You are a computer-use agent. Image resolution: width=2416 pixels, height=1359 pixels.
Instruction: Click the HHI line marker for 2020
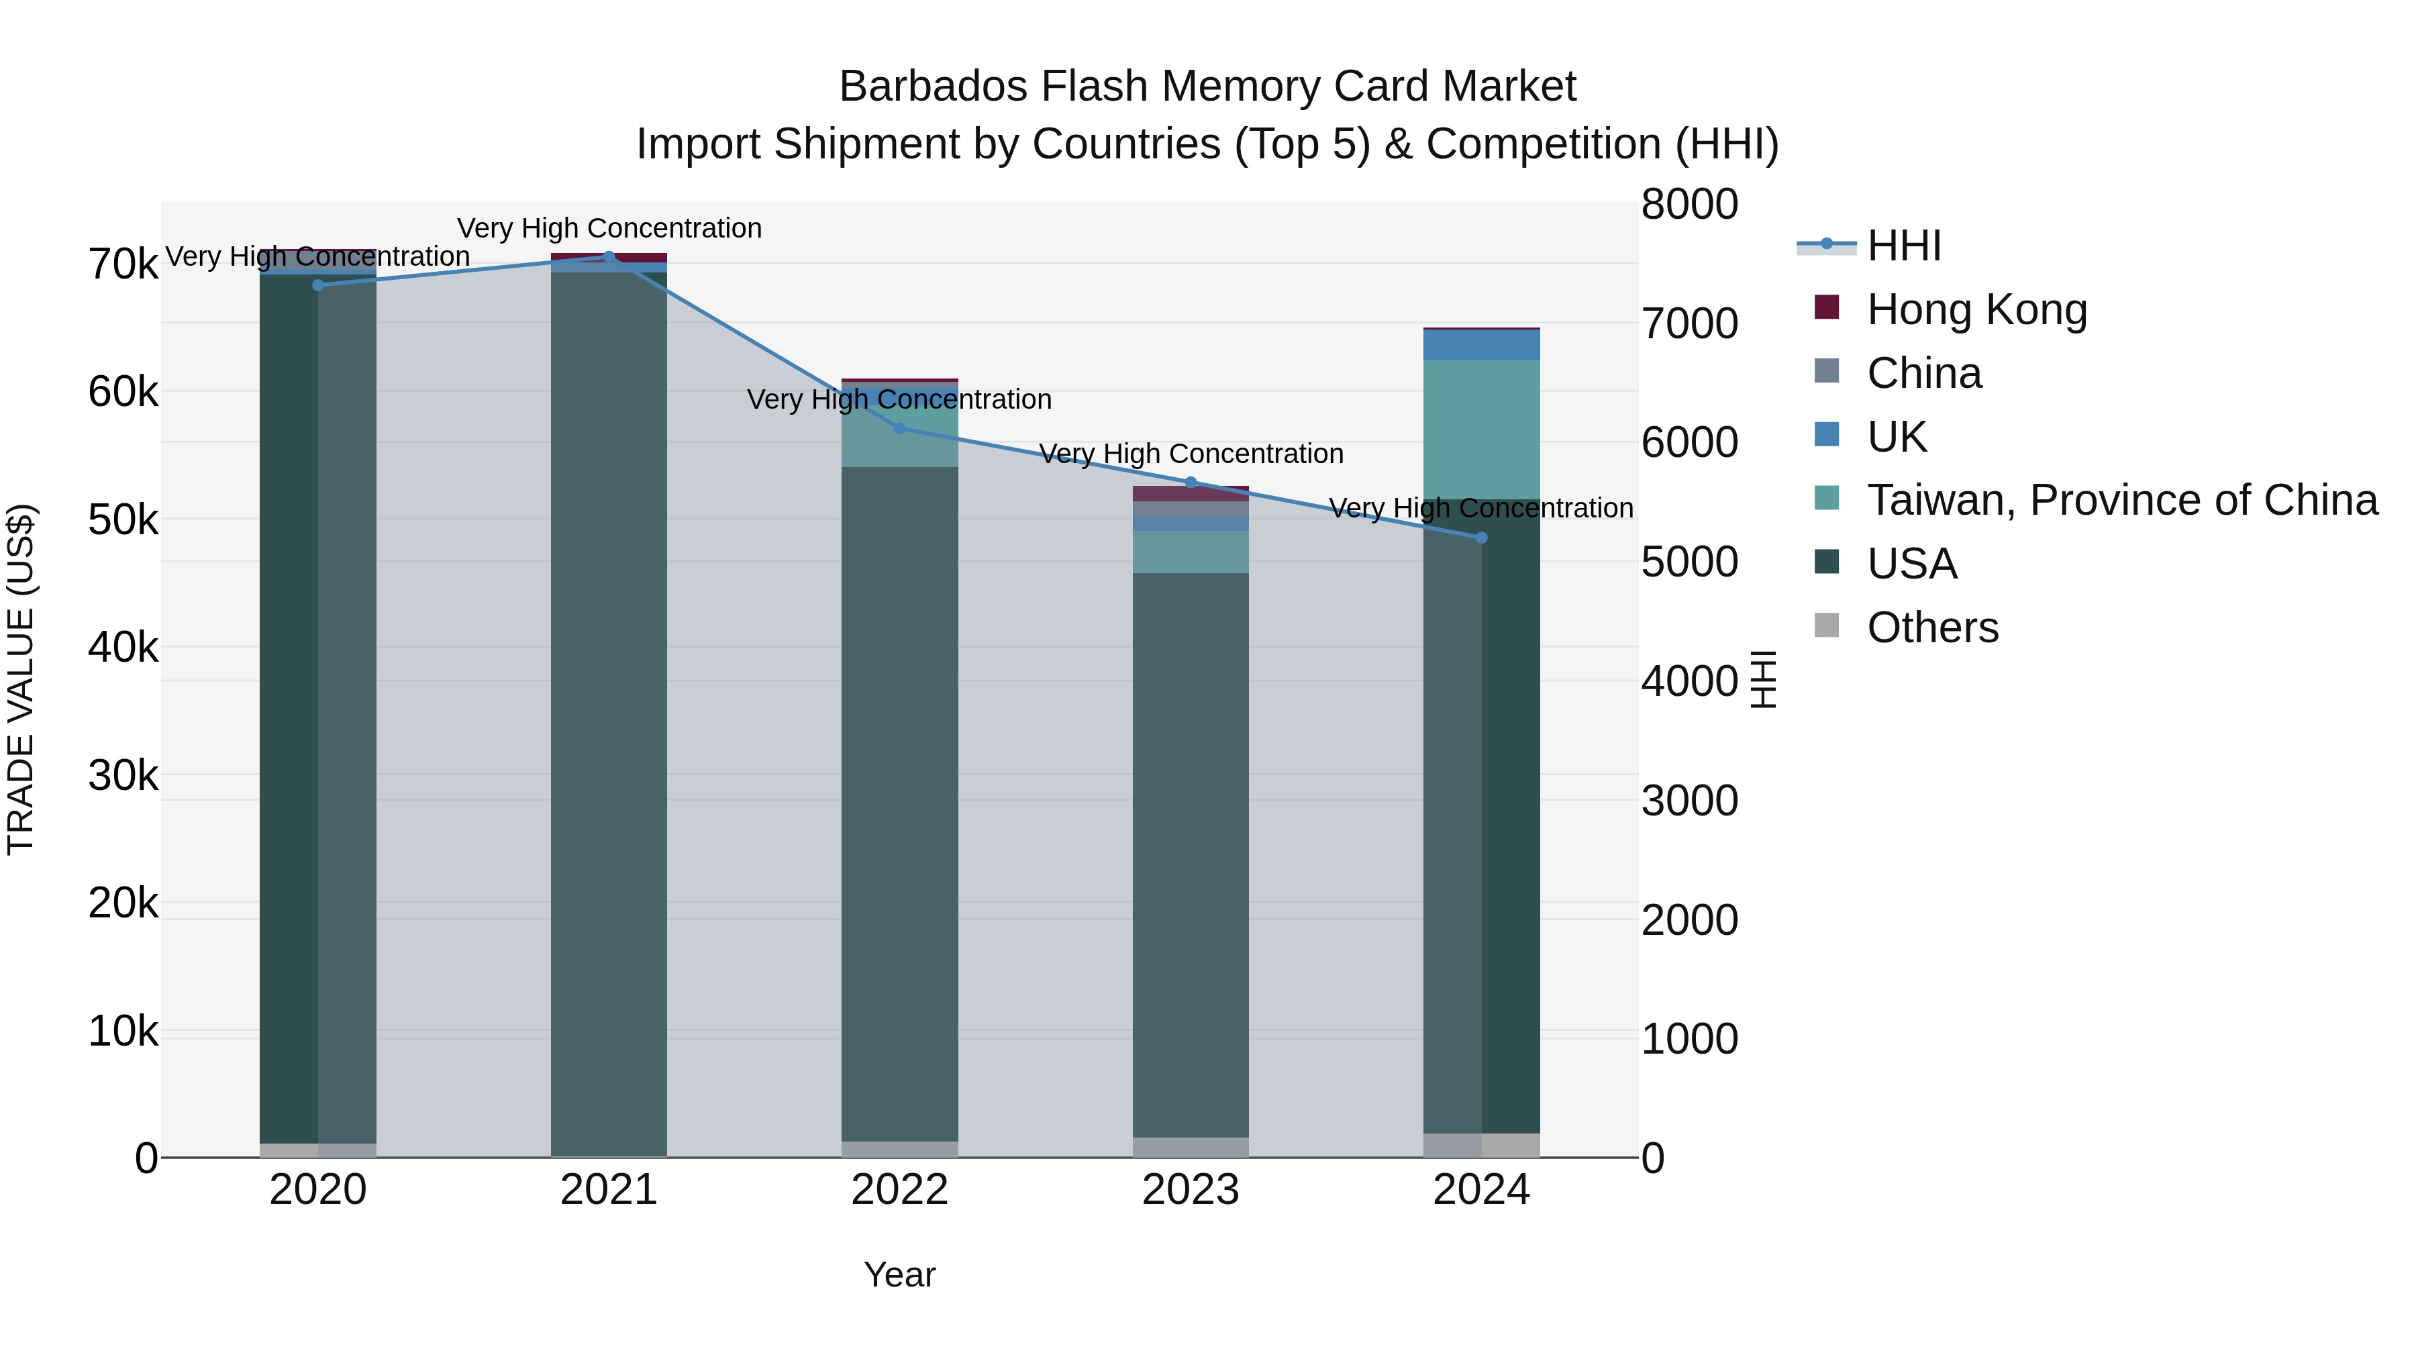[318, 285]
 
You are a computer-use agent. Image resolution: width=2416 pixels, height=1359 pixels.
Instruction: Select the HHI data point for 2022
[899, 429]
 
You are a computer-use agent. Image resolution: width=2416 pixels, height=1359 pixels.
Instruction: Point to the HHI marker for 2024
[1482, 538]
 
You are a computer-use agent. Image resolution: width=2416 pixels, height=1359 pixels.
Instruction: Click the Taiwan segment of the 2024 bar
[1482, 429]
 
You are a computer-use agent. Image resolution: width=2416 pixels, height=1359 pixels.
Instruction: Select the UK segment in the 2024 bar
[1482, 344]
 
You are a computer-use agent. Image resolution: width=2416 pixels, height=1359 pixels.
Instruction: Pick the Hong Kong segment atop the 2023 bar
[1191, 493]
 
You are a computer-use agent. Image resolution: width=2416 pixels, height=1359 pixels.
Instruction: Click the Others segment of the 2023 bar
[1191, 1147]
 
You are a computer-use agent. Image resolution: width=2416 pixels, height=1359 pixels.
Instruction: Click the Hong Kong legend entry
[1976, 309]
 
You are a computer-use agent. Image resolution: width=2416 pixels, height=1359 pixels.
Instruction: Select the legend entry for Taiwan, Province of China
[2121, 500]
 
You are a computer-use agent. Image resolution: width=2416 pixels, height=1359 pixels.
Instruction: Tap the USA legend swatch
[1827, 563]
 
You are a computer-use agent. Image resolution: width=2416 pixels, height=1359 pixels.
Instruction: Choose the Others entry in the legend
[1932, 627]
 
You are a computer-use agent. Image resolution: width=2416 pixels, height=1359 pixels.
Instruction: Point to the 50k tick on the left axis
[123, 519]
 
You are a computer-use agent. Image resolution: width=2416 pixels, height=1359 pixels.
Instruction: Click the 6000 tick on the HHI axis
[1689, 443]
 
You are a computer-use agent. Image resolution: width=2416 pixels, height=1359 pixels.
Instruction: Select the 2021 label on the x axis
[609, 1190]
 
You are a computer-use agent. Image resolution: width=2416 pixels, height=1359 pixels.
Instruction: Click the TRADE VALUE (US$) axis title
[21, 679]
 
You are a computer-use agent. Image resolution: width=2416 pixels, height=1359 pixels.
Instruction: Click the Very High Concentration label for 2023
[1191, 454]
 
